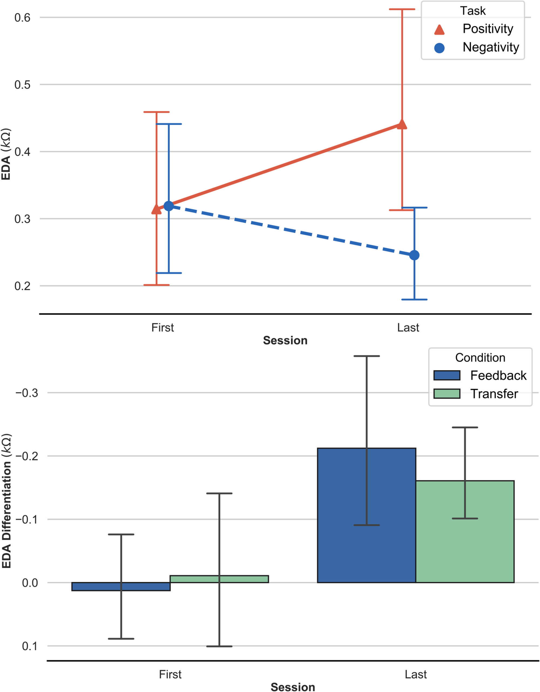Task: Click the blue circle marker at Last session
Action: click(x=414, y=255)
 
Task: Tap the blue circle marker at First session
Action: click(x=169, y=206)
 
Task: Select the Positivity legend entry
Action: click(x=487, y=29)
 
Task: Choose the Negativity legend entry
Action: click(x=491, y=47)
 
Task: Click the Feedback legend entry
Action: click(x=498, y=375)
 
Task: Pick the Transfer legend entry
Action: click(x=494, y=394)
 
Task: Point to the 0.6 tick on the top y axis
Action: click(x=22, y=17)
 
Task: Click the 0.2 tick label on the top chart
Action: click(x=22, y=286)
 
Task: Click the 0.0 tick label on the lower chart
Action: click(x=30, y=583)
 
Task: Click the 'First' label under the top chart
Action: click(x=163, y=327)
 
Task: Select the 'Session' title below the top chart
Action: click(x=285, y=340)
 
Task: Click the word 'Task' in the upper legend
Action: click(x=473, y=11)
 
